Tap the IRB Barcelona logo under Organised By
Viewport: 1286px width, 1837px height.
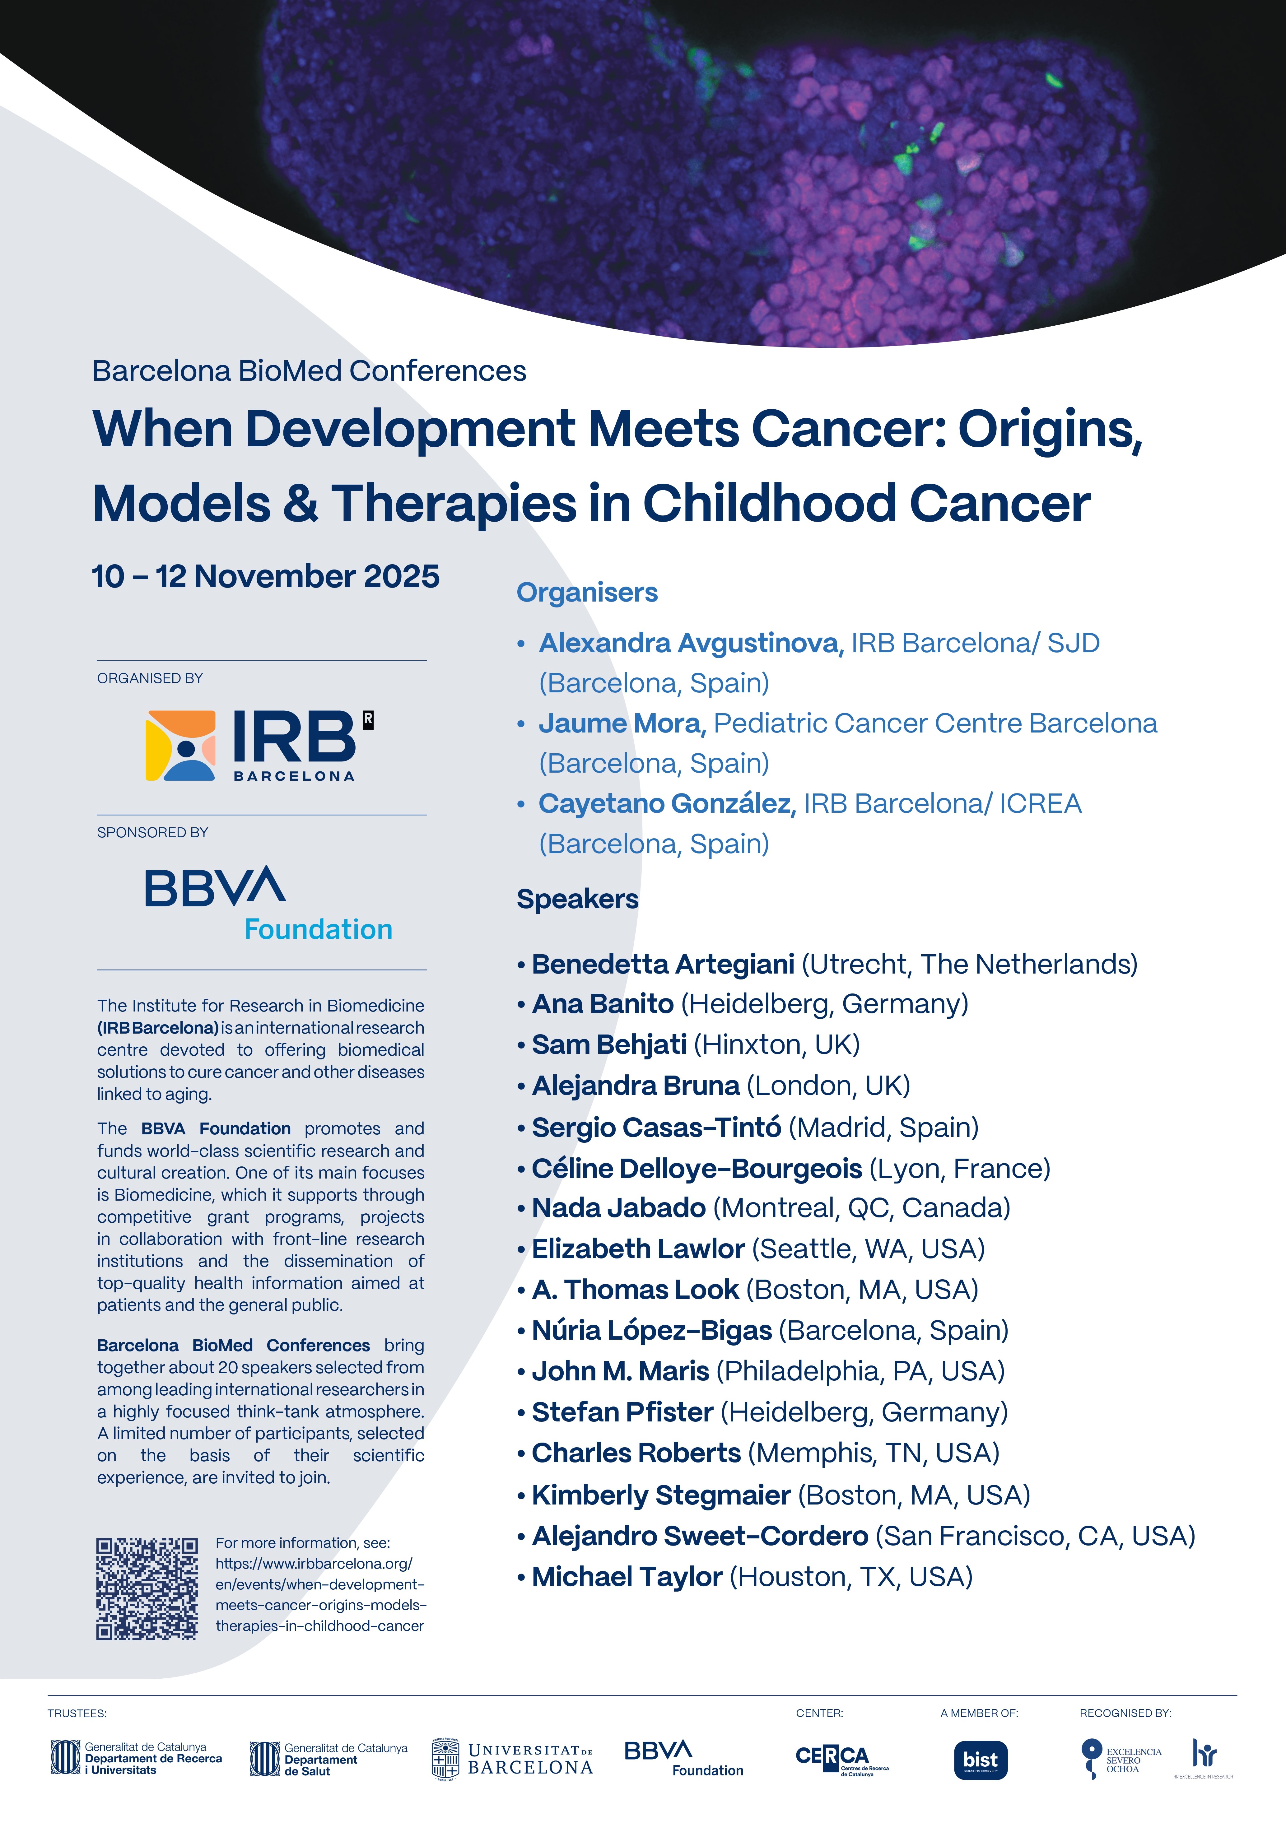(259, 745)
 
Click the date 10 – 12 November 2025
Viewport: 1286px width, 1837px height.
(265, 576)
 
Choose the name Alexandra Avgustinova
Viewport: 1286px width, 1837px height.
(691, 643)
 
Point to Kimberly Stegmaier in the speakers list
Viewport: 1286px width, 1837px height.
(661, 1495)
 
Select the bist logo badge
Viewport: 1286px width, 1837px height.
(980, 1760)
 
